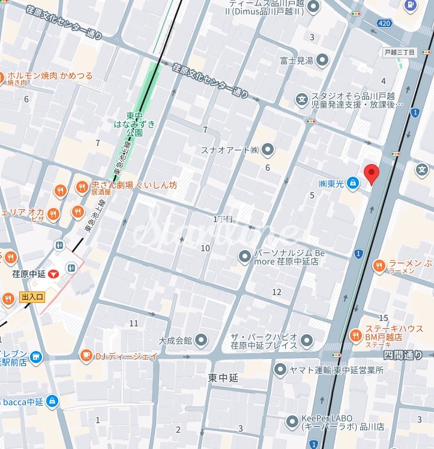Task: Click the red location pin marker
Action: (372, 173)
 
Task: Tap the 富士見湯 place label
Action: (296, 60)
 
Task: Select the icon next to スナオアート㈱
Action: (268, 149)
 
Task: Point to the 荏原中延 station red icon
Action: (55, 274)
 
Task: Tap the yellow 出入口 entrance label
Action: (32, 297)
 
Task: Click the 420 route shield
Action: (385, 23)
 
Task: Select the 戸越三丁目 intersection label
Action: (400, 52)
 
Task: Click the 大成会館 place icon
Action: (201, 340)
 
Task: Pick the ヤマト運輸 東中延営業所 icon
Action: (280, 370)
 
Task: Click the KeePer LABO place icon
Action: (292, 421)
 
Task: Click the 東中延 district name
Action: (223, 378)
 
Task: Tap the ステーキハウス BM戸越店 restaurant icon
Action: (355, 335)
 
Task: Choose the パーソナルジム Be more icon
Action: (245, 257)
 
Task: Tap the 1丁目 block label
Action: (222, 219)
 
